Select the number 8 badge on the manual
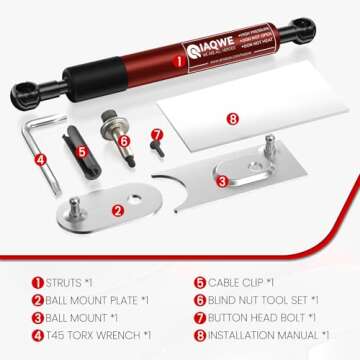(x=232, y=118)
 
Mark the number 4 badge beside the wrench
(x=42, y=158)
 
